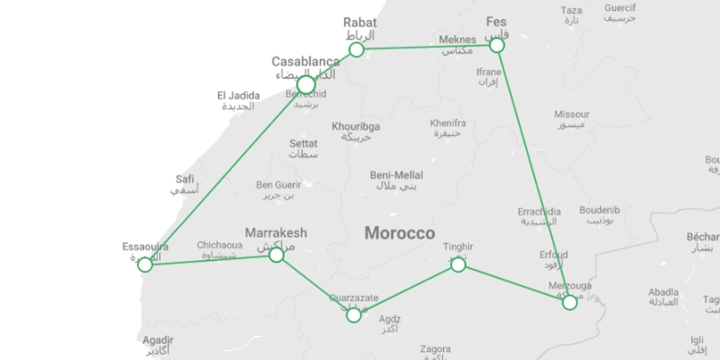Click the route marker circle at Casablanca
coord(306,84)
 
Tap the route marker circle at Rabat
coord(356,49)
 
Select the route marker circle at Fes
coord(497,45)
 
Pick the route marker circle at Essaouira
coord(145,265)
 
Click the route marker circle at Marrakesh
coord(276,255)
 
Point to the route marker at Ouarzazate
coord(354,315)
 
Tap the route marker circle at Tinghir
coord(458,265)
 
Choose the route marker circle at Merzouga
coord(570,302)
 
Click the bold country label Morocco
coord(400,233)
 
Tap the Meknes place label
coord(457,40)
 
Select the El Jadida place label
coord(238,96)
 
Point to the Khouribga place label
coord(355,127)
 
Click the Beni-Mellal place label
coord(396,175)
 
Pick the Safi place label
coord(185,179)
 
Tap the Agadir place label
coord(158,340)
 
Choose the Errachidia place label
coord(539,212)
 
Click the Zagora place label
coord(435,349)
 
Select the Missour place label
coord(571,114)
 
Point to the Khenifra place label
coord(448,123)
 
